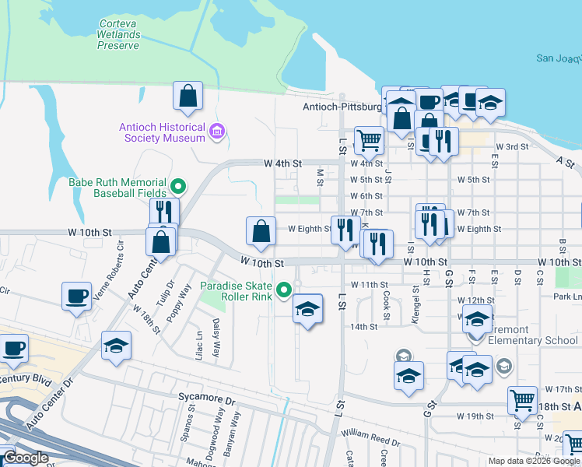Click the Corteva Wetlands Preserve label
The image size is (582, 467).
(119, 35)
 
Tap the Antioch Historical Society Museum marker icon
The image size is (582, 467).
(217, 133)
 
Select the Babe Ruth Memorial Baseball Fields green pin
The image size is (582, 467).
(178, 186)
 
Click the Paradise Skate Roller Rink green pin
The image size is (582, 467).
(285, 291)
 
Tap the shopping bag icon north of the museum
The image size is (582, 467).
(188, 97)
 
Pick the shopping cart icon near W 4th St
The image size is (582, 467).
(369, 141)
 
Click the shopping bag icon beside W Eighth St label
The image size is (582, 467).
(261, 230)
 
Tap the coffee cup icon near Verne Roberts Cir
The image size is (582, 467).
(77, 297)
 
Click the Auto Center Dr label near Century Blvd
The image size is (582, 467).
(48, 407)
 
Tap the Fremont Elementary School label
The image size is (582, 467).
(529, 340)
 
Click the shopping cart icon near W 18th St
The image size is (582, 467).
(522, 401)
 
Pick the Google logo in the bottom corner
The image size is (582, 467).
(26, 458)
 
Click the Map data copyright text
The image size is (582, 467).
(534, 461)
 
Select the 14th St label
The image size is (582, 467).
(363, 327)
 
